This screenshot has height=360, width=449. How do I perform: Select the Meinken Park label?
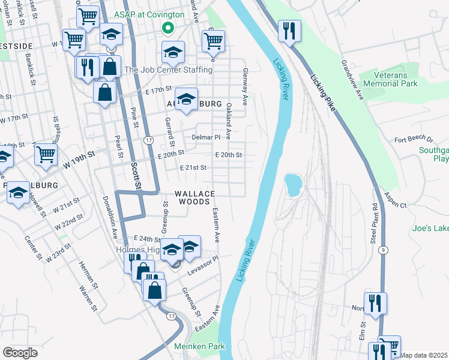[199, 346]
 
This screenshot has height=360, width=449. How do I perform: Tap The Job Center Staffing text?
[168, 70]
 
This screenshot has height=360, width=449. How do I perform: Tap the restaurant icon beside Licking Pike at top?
[289, 31]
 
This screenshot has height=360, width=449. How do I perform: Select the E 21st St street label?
[194, 168]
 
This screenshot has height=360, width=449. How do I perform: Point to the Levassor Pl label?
[202, 262]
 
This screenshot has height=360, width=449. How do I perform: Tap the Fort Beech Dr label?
[414, 140]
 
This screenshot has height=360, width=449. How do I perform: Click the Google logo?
[20, 352]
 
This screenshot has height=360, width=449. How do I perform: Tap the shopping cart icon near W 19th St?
[46, 154]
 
